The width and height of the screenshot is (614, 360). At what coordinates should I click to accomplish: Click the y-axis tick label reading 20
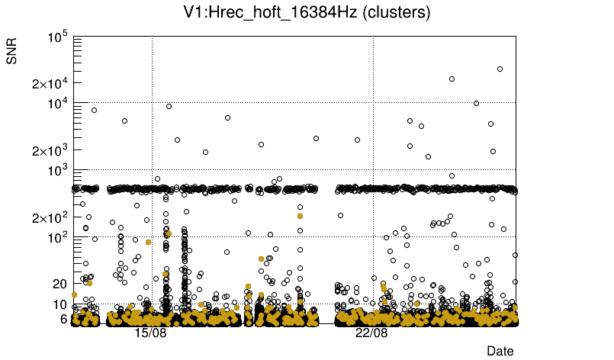tap(61, 284)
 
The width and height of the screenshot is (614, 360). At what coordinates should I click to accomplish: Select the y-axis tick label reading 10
tap(61, 304)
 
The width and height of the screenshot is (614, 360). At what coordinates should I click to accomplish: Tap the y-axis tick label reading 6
tap(65, 319)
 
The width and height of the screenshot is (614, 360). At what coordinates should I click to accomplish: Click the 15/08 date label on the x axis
tap(150, 333)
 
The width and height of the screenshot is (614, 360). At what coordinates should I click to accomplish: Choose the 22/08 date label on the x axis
tap(371, 333)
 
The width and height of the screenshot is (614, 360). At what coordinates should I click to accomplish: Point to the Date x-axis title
tap(500, 351)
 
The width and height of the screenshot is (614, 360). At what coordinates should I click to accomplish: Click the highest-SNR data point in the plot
tap(500, 69)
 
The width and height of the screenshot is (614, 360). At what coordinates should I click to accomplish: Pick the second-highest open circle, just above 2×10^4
tap(452, 79)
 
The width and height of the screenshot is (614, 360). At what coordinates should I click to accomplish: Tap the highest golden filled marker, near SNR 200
tap(301, 216)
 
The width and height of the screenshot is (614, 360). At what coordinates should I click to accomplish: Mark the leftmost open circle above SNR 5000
tap(94, 110)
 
